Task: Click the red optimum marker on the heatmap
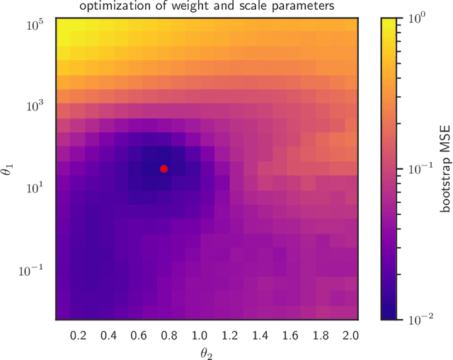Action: (x=164, y=168)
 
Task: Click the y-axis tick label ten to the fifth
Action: (x=38, y=23)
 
